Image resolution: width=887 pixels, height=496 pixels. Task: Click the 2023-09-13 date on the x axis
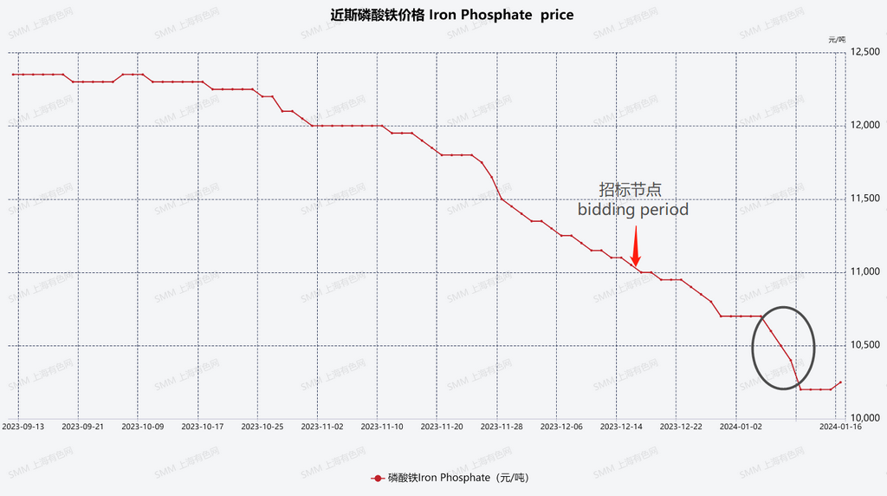point(23,427)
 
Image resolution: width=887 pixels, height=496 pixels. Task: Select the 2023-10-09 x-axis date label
point(142,427)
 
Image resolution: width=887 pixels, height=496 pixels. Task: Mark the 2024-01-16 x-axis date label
point(841,427)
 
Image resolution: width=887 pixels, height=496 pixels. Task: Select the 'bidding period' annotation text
point(633,210)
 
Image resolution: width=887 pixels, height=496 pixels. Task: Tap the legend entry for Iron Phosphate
point(450,478)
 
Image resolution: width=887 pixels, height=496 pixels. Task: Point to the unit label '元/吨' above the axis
point(837,39)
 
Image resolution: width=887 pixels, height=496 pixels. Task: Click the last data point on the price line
point(840,382)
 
